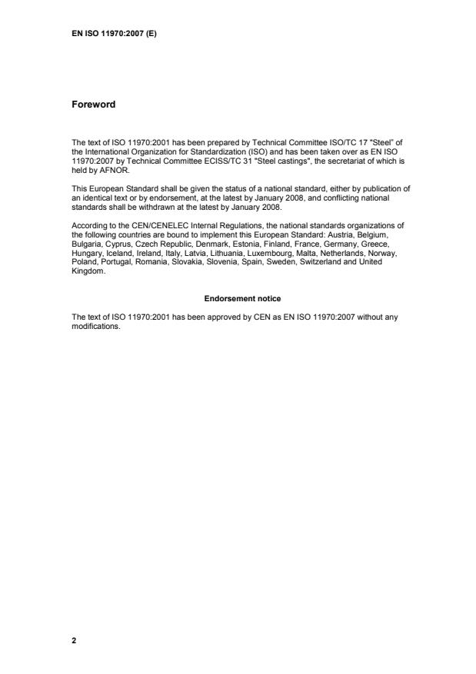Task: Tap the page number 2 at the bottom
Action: point(74,639)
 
